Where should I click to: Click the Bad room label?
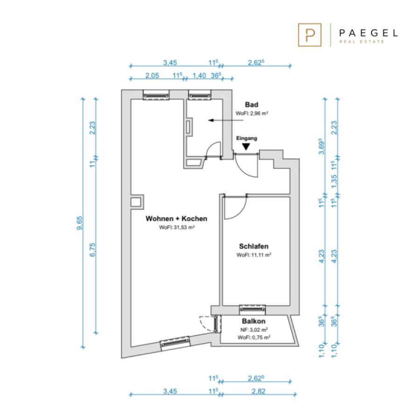click(x=252, y=105)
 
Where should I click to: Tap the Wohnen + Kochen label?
click(x=176, y=218)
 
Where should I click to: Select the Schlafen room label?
click(x=254, y=246)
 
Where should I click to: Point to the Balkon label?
click(x=254, y=321)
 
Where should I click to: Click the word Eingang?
click(x=246, y=138)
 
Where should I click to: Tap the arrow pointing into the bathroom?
click(x=226, y=120)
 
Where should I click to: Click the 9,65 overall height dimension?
click(x=80, y=223)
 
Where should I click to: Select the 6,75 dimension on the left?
click(x=92, y=250)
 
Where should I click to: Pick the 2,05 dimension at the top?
click(x=152, y=76)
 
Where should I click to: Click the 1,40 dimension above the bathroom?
click(x=199, y=76)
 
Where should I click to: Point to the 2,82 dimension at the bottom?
click(x=259, y=392)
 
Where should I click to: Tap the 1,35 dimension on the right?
click(x=334, y=182)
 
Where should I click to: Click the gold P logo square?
click(x=310, y=35)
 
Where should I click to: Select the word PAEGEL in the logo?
click(x=368, y=33)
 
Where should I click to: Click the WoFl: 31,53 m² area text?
click(x=177, y=227)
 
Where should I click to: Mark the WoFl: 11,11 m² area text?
click(x=254, y=255)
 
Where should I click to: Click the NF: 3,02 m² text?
click(x=254, y=330)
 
